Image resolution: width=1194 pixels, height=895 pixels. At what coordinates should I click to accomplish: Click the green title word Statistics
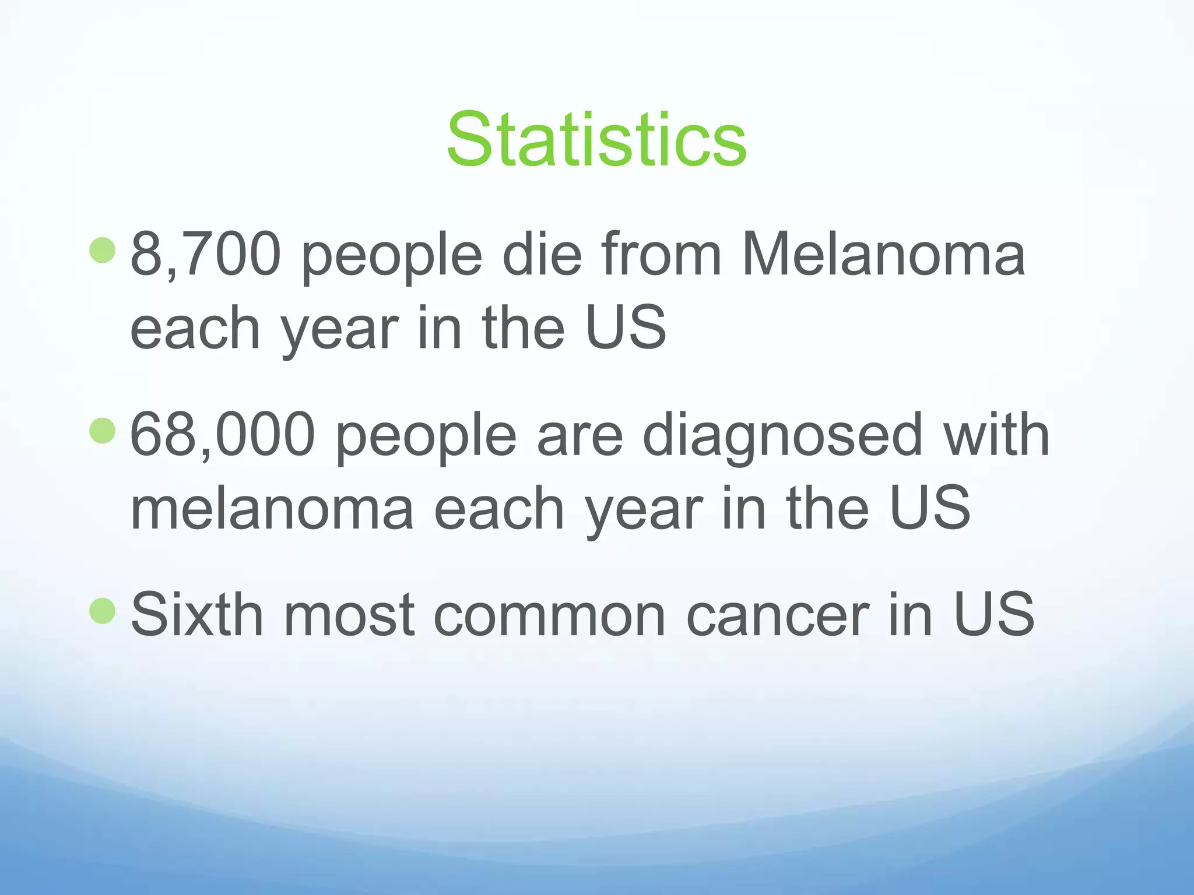(596, 140)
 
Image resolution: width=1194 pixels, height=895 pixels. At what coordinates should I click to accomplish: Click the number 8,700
(205, 255)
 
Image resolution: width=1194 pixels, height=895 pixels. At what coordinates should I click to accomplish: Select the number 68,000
(222, 435)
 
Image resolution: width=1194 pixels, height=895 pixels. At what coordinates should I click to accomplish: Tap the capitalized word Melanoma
(883, 255)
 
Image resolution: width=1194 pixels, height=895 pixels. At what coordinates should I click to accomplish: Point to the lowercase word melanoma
(272, 509)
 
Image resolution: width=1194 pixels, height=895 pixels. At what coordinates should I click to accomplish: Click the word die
(542, 255)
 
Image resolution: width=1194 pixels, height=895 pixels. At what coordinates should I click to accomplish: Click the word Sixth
(197, 614)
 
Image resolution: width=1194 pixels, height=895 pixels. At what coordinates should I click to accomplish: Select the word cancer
(778, 615)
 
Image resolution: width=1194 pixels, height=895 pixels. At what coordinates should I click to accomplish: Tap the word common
(549, 615)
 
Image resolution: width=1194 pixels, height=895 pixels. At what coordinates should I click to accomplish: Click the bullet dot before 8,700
(103, 250)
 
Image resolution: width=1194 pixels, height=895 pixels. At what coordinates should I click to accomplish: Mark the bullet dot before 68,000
(103, 431)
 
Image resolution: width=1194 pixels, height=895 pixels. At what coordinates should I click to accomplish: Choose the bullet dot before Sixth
(103, 610)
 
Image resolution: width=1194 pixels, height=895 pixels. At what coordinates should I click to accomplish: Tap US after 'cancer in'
(993, 614)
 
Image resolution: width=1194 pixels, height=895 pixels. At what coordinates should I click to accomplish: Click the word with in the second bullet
(996, 435)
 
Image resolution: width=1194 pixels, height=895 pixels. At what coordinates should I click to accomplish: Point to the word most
(348, 615)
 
